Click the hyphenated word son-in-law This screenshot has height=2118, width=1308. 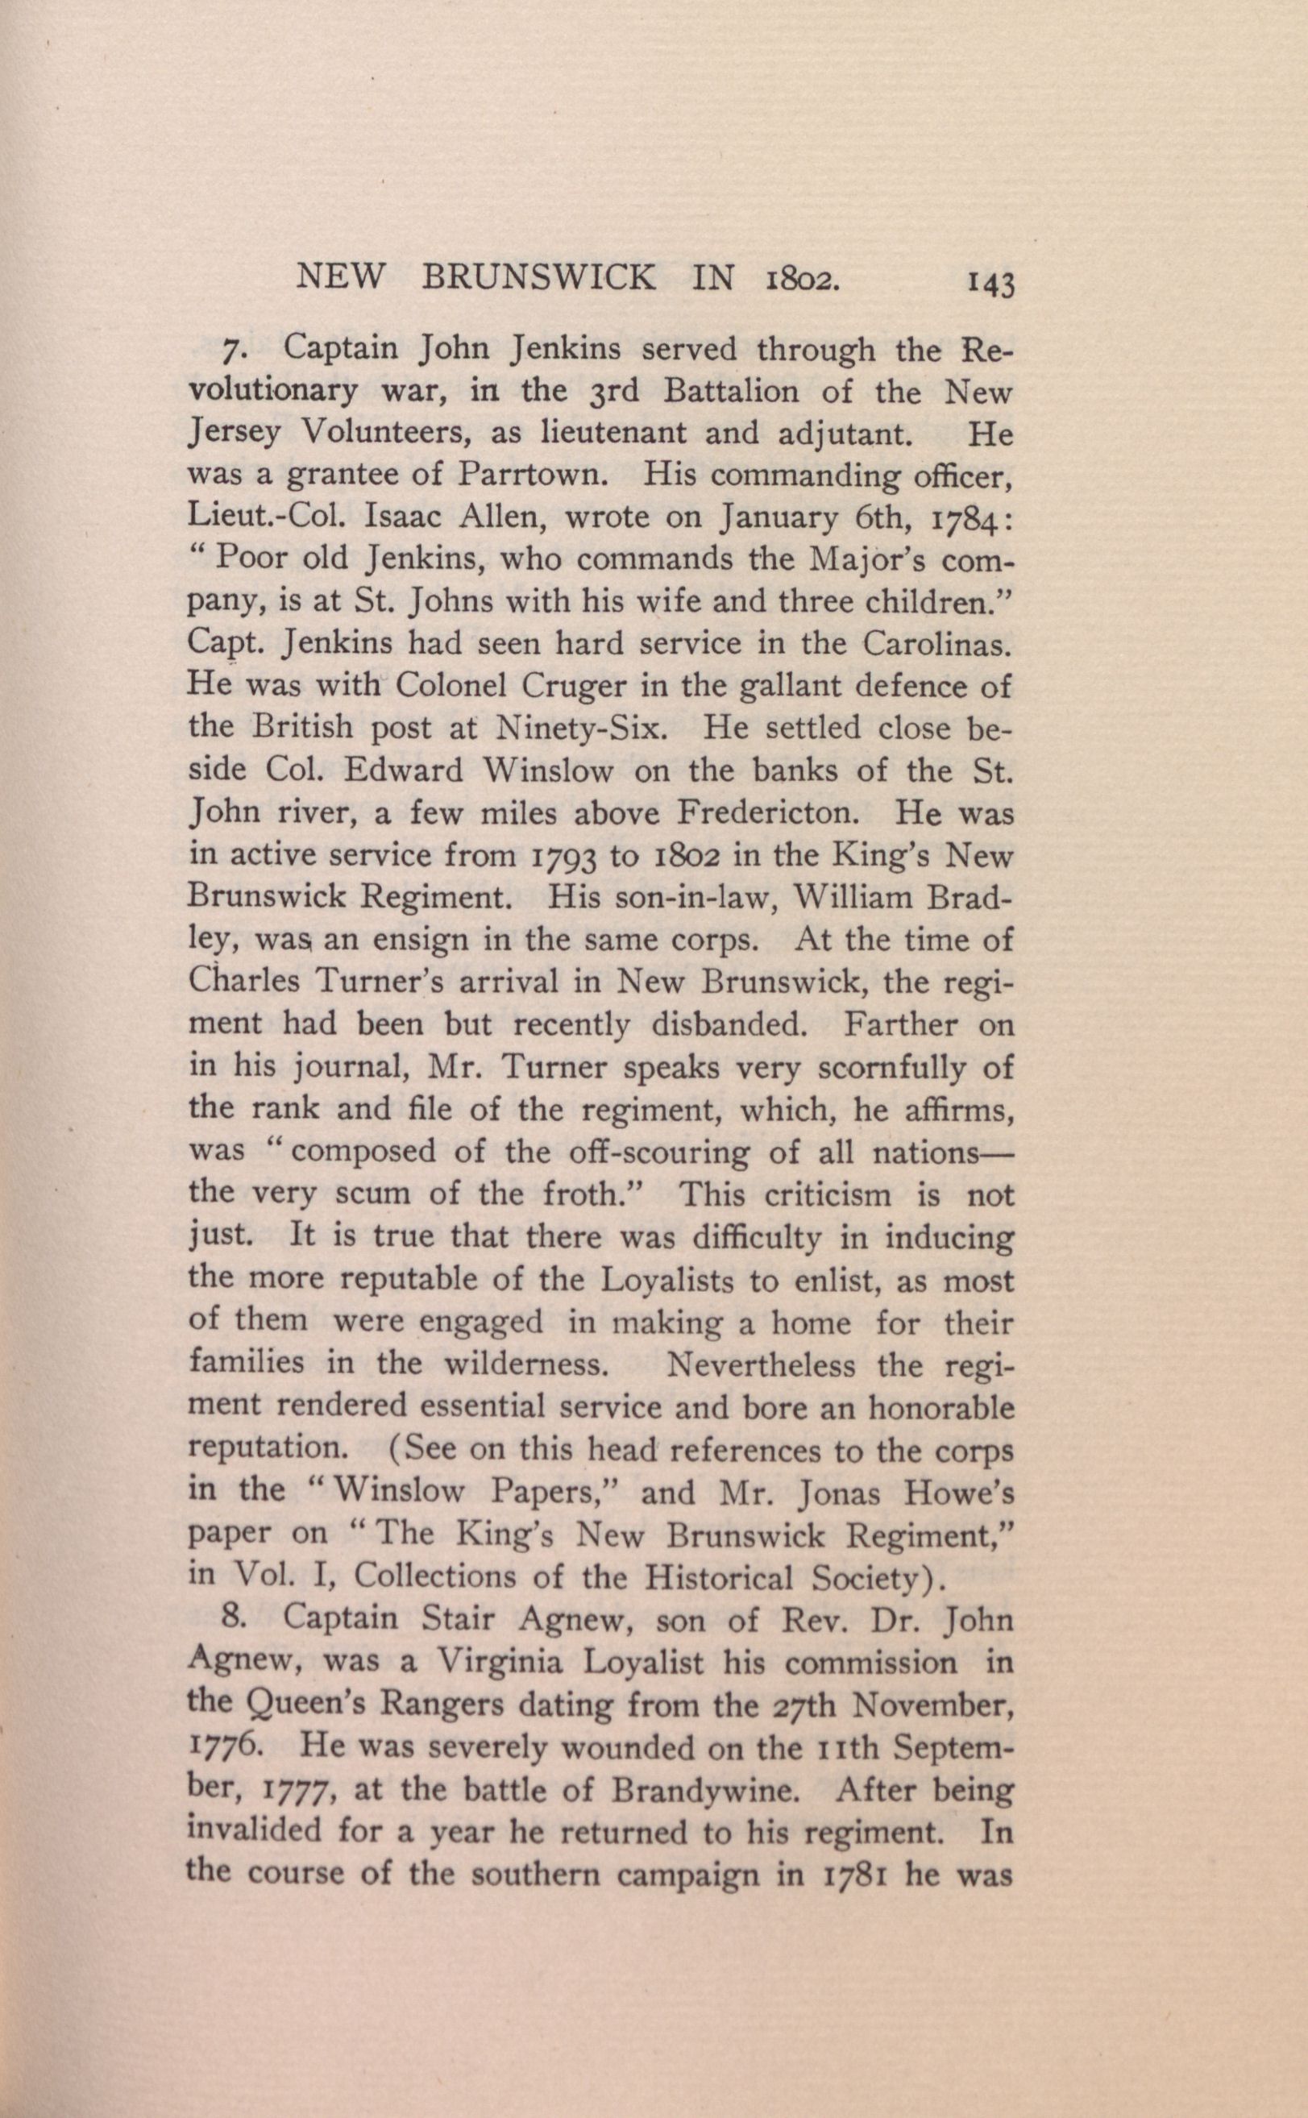click(681, 898)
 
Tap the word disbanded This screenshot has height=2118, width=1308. click(726, 1025)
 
